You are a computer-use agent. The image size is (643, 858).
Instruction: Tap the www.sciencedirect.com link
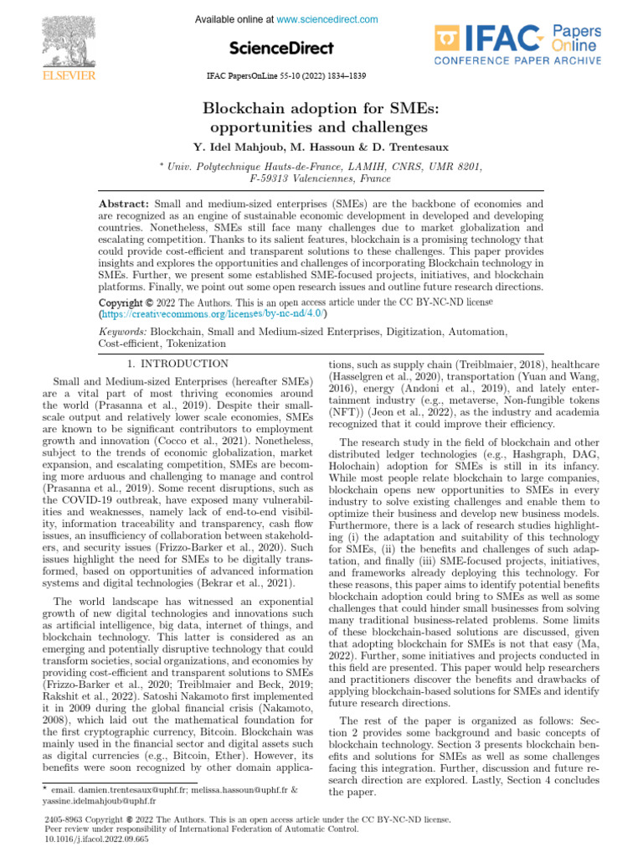pos(327,19)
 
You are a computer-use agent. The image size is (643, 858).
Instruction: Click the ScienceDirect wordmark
pos(282,48)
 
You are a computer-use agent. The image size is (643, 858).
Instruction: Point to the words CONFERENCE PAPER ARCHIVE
pos(517,59)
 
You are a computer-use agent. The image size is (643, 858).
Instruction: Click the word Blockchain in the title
pos(249,109)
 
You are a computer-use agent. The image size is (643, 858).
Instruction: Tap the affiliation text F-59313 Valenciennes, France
pos(321,179)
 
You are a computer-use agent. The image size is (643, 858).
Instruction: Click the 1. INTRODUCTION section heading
pos(177,364)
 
